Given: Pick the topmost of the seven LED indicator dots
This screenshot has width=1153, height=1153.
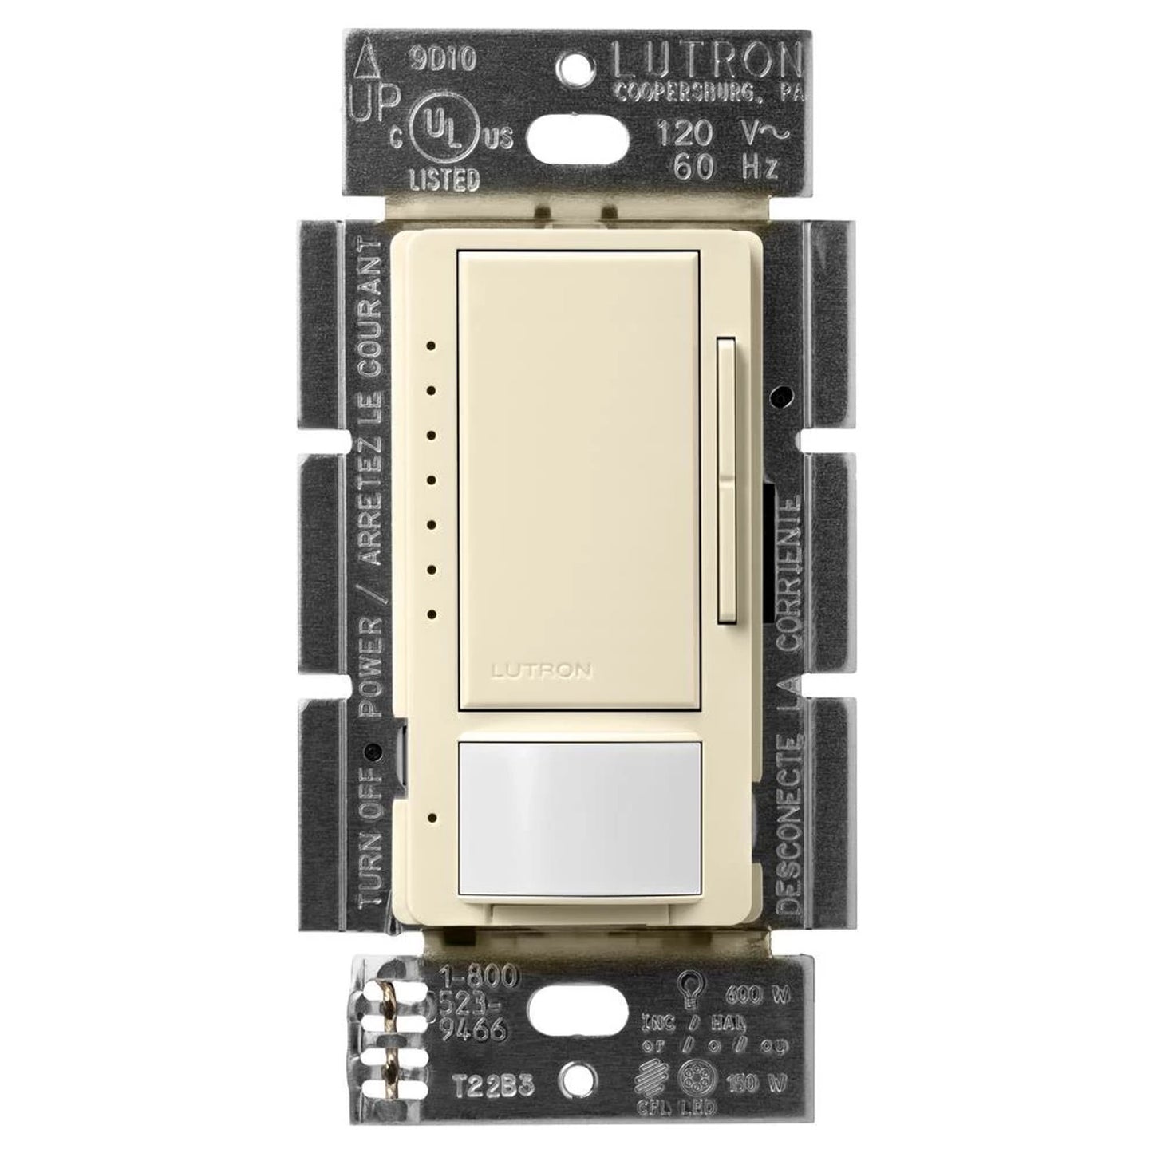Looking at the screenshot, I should pyautogui.click(x=431, y=346).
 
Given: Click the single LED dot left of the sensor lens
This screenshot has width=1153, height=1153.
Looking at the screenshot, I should pyautogui.click(x=431, y=817).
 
